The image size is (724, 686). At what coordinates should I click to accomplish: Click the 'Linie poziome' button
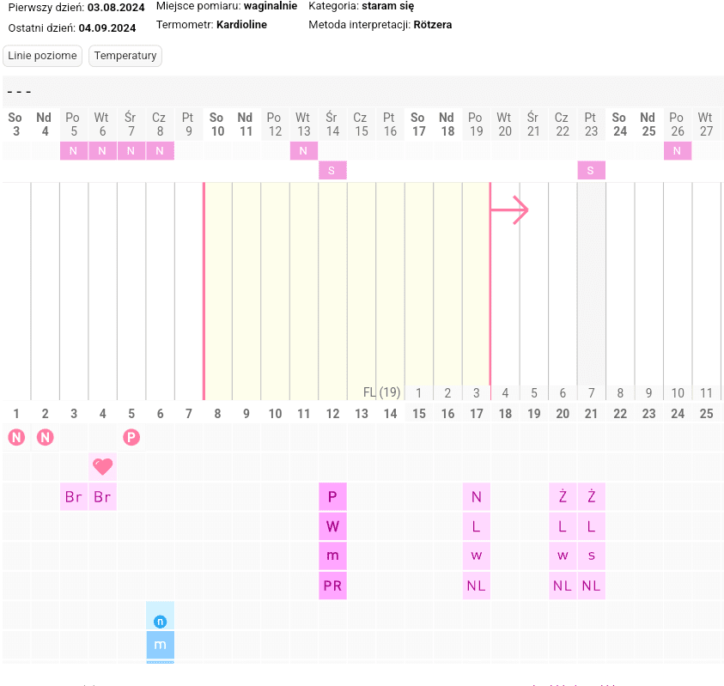pos(42,56)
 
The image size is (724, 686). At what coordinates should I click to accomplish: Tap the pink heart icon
pos(102,467)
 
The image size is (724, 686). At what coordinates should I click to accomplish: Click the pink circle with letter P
pos(131,438)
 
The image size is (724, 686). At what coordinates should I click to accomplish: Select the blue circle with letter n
pos(160,621)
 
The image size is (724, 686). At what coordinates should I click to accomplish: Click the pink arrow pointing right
pos(509,209)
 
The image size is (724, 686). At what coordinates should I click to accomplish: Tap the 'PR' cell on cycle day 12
pos(332,586)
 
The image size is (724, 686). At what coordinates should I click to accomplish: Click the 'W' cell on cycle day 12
pos(332,526)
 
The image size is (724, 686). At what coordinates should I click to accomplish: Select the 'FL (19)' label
pos(382,392)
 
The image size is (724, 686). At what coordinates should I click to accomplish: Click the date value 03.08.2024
pos(116,7)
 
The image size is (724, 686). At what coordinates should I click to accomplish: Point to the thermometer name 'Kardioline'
pos(241,25)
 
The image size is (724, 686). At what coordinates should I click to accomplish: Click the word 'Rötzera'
pos(432,25)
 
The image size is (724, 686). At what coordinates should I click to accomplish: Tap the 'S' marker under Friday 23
pos(591,171)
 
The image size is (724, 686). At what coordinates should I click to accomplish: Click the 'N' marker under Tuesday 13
pos(303,151)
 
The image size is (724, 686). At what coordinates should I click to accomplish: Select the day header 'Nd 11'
pos(246,124)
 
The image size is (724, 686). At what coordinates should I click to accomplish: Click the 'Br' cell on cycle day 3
pos(74,497)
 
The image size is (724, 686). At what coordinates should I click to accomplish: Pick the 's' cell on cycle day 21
pos(591,555)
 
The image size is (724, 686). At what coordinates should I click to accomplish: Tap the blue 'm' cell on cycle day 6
pos(160,644)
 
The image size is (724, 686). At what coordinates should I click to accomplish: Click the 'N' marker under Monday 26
pos(677,151)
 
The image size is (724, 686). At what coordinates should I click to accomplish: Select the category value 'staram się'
pos(388,6)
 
